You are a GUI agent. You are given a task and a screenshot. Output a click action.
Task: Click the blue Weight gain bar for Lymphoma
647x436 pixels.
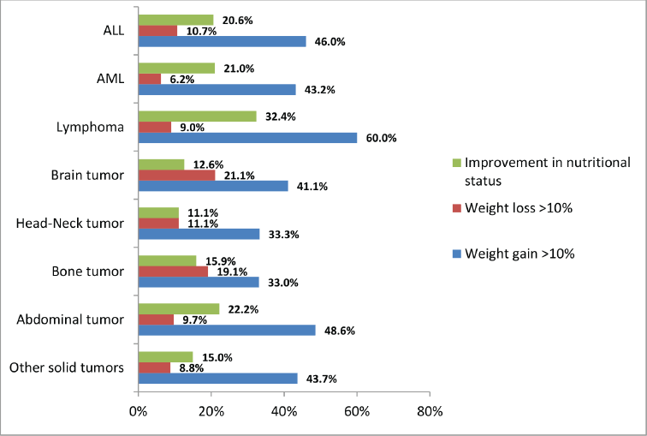247,138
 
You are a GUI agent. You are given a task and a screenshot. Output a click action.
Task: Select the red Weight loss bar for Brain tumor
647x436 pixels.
176,176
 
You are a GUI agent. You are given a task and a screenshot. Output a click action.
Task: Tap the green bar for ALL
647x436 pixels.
175,20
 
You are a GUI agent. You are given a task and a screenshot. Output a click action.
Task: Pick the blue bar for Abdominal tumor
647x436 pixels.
227,331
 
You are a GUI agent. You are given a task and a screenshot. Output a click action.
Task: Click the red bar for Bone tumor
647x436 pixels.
173,272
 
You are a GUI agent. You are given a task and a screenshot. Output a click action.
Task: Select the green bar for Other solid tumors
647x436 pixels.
166,357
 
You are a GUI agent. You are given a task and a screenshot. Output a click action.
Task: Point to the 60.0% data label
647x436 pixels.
382,138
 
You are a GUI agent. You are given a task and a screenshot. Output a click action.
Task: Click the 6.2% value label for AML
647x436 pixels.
182,79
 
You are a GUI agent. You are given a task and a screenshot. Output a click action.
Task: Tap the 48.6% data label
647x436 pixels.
340,331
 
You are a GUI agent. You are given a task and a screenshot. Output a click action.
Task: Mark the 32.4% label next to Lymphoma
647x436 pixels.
281,116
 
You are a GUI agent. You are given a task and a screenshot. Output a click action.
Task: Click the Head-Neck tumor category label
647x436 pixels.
69,224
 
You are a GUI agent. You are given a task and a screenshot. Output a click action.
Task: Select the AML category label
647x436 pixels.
110,79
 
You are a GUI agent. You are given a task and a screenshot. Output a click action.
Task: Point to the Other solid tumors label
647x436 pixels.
67,367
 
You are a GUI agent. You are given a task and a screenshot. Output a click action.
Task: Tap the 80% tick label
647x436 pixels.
430,411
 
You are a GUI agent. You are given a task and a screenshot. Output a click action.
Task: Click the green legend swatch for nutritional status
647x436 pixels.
456,163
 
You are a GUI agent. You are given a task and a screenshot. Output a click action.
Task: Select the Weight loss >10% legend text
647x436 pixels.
519,207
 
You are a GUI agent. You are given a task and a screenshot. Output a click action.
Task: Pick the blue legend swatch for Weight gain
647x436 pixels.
456,254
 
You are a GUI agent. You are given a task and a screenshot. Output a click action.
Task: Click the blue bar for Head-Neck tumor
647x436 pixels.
199,234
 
